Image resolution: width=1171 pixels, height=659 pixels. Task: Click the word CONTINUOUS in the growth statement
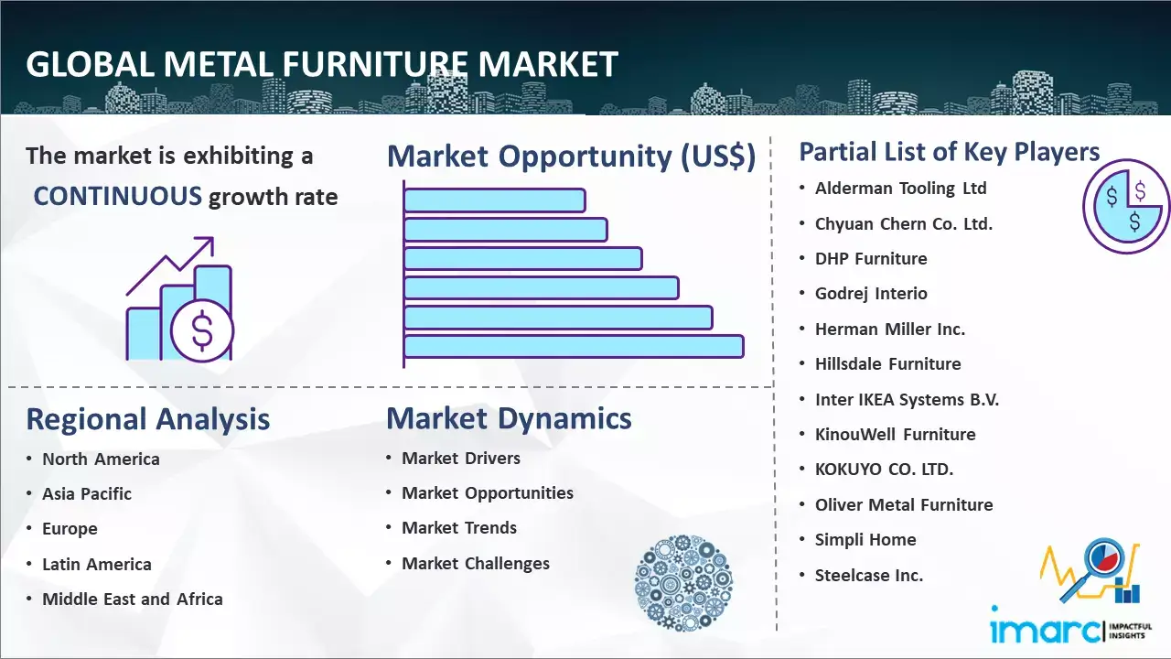[x=117, y=197]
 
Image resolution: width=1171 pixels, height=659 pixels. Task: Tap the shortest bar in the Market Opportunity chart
[x=495, y=200]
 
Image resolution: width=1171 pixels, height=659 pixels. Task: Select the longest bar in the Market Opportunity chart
[x=574, y=347]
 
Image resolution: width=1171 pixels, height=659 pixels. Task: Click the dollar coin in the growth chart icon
[x=202, y=331]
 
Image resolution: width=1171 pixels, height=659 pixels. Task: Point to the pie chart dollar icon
[x=1126, y=206]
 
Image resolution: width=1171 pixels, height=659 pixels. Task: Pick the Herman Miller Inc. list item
[x=890, y=329]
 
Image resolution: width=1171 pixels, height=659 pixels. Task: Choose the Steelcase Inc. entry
[x=869, y=576]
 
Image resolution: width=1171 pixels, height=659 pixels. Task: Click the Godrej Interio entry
[x=871, y=294]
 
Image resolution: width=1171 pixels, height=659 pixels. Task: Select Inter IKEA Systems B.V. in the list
[x=907, y=400]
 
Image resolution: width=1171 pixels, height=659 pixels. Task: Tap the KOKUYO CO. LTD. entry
[x=884, y=470]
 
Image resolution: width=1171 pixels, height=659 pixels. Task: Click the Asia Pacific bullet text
[x=87, y=493]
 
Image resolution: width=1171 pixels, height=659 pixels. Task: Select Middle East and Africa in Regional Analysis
[x=133, y=599]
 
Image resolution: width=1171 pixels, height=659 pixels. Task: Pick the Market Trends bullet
[x=459, y=528]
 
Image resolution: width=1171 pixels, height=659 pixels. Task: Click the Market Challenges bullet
[x=476, y=563]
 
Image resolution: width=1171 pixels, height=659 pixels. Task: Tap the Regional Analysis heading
[x=148, y=419]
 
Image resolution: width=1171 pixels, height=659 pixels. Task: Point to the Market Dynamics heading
[x=509, y=418]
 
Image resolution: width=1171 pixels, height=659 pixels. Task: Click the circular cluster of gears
[x=683, y=583]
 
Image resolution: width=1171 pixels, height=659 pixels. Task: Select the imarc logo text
[x=1046, y=630]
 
